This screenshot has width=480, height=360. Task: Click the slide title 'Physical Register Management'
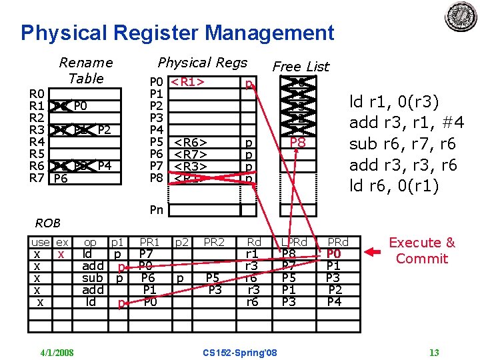(177, 33)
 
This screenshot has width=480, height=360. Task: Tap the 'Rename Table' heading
(86, 70)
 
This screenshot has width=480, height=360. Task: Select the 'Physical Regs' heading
(202, 63)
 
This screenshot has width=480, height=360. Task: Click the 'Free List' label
(301, 66)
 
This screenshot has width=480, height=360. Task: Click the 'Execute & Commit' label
(421, 250)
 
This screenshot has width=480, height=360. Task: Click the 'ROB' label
(48, 223)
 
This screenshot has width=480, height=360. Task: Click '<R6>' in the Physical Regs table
(190, 143)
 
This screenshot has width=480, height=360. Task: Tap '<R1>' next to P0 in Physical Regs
(187, 83)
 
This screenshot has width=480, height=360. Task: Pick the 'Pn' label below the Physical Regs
(157, 210)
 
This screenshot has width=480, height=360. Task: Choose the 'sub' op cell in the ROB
(93, 277)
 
